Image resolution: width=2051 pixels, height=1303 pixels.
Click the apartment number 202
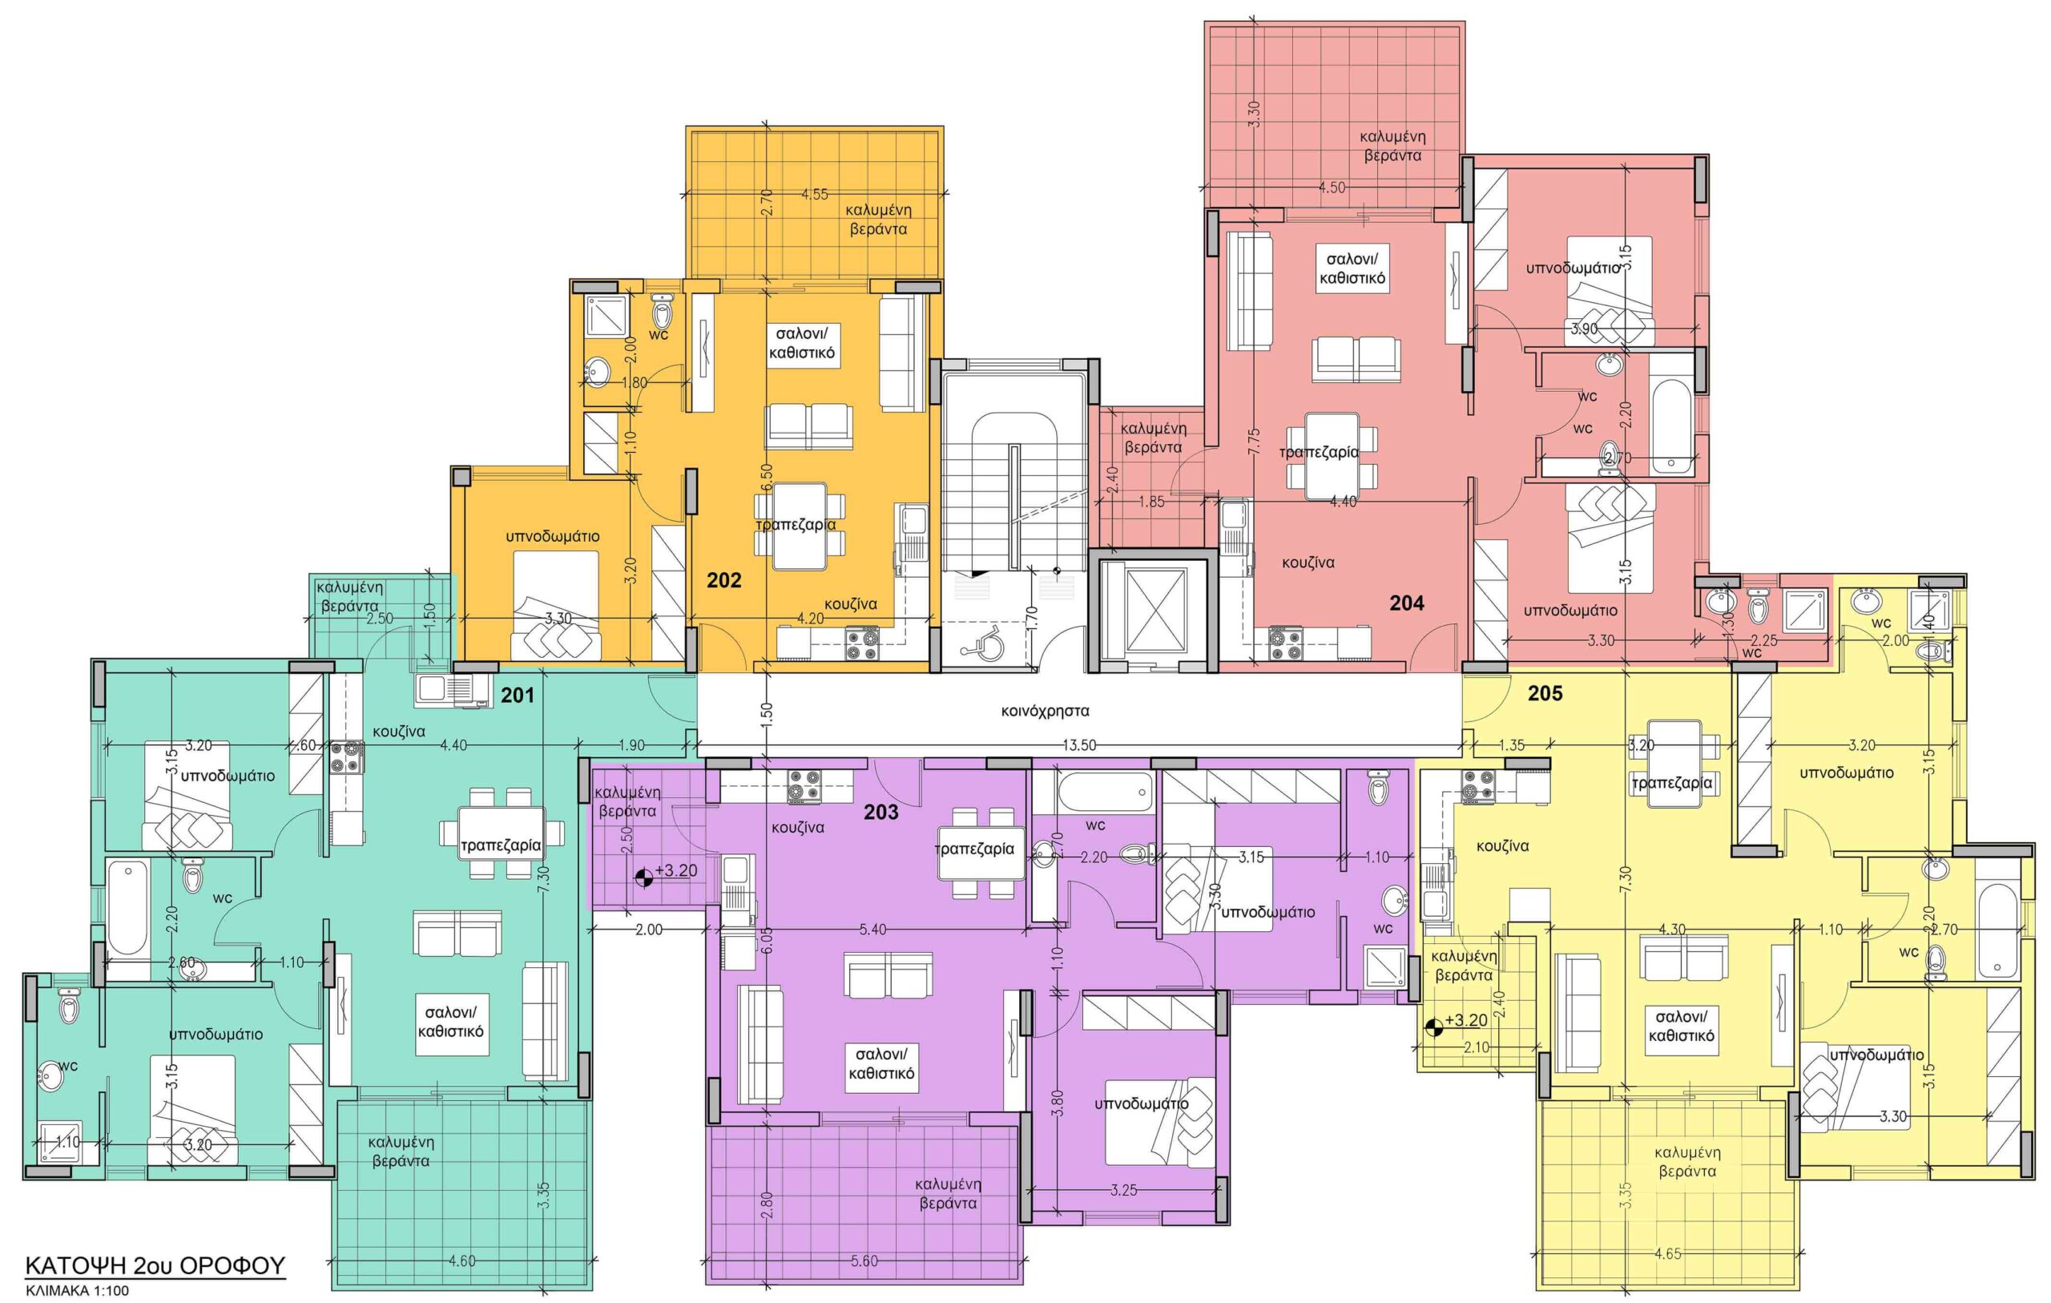click(724, 580)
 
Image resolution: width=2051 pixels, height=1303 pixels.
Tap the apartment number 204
click(1406, 603)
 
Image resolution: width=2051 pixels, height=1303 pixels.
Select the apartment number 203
click(880, 812)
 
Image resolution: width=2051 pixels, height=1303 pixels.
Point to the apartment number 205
click(1545, 694)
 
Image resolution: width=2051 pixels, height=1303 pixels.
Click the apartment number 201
click(517, 696)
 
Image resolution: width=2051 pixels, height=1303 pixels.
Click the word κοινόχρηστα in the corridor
click(1045, 711)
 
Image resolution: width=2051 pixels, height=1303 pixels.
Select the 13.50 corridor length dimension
click(1079, 744)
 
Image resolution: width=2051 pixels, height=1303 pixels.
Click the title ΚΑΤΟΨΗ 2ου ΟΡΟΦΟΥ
click(155, 1265)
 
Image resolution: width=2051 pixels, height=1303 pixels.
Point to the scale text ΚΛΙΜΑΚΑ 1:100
click(77, 1290)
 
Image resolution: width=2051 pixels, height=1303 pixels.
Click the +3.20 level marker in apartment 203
click(667, 872)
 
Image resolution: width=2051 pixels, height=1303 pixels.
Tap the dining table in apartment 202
click(798, 526)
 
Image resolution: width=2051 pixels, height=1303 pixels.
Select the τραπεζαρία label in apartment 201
click(501, 846)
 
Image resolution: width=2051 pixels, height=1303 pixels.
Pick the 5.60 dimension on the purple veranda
click(864, 1261)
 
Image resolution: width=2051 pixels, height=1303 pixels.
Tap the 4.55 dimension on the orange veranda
click(814, 194)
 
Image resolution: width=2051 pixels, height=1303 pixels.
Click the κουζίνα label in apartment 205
click(1502, 846)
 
